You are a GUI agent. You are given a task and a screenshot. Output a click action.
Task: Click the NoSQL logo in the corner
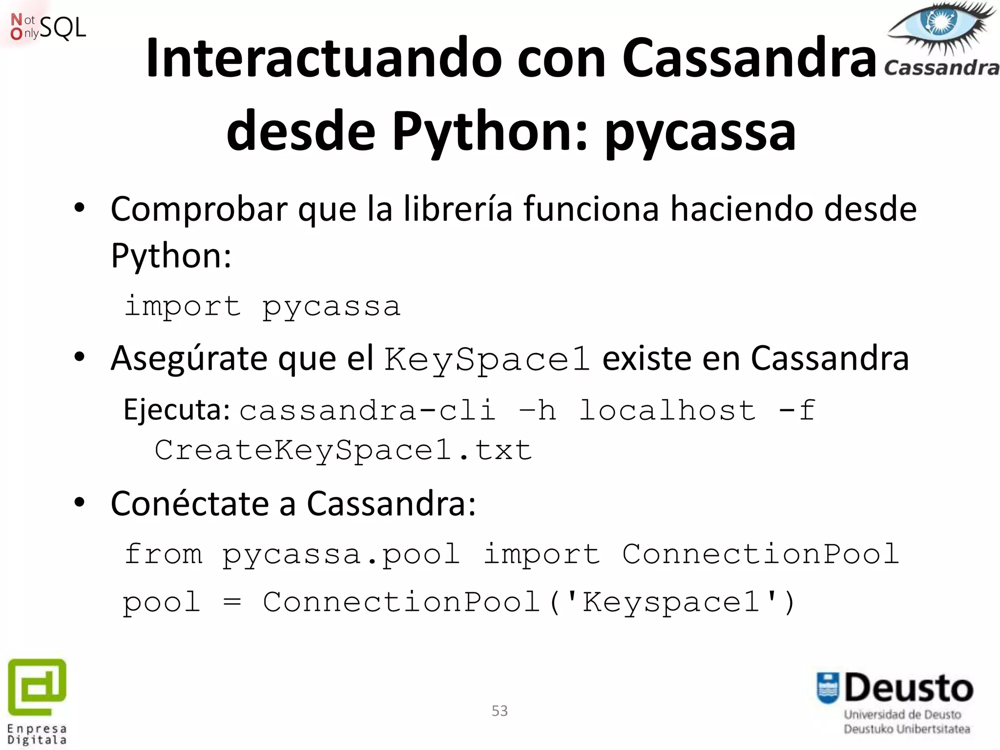tap(47, 27)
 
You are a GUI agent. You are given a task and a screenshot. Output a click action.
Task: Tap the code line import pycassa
tap(263, 307)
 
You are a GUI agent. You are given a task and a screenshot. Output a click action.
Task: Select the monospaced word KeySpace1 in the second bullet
tap(487, 359)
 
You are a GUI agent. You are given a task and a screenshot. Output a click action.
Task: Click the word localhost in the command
tap(667, 410)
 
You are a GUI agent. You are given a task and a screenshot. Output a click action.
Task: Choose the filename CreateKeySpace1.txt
tap(343, 450)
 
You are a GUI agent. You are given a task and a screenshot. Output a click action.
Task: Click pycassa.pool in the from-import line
tap(341, 555)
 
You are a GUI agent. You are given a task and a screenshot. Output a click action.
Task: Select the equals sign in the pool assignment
tap(231, 602)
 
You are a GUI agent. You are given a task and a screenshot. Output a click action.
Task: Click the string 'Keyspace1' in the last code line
tap(671, 602)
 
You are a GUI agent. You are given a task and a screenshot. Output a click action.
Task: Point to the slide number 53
tap(500, 711)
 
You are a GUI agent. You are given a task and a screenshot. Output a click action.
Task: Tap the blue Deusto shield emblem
tap(828, 688)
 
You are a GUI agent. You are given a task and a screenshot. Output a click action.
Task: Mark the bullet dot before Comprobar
tap(80, 209)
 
